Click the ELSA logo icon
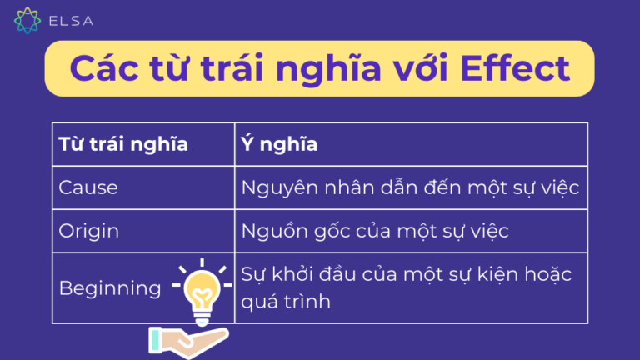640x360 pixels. click(27, 19)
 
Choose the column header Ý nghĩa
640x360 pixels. click(279, 143)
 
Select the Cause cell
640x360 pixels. click(88, 187)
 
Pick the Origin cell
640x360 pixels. click(88, 231)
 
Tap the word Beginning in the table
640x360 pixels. click(110, 288)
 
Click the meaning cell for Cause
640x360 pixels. click(409, 187)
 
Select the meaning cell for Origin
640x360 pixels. click(374, 231)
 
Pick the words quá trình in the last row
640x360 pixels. click(286, 301)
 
